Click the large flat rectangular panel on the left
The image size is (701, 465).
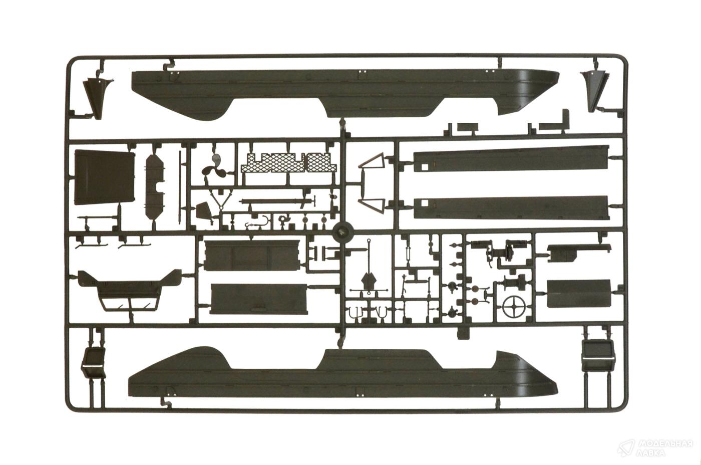point(105,177)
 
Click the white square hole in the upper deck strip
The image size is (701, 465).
point(424,167)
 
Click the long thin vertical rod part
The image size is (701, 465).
point(180,187)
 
